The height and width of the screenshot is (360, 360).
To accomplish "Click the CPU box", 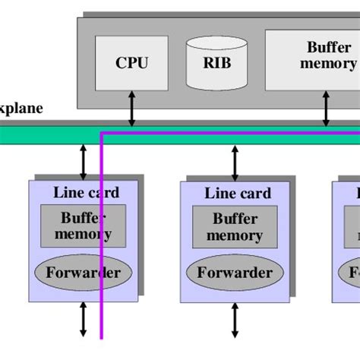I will pyautogui.click(x=131, y=62).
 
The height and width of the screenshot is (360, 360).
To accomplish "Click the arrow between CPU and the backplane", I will pyautogui.click(x=131, y=109).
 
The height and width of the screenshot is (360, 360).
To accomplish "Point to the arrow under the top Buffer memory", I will pyautogui.click(x=327, y=109).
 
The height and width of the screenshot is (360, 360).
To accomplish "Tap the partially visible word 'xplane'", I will pyautogui.click(x=21, y=108).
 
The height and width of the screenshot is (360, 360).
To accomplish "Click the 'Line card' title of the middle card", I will pyautogui.click(x=237, y=193).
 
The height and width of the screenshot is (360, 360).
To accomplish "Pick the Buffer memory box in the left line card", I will pyautogui.click(x=83, y=226).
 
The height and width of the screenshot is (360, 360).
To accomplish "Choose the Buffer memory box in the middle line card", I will pyautogui.click(x=235, y=226).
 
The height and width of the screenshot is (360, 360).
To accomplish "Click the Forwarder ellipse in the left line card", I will pyautogui.click(x=83, y=272).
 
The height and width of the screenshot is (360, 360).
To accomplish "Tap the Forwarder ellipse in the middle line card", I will pyautogui.click(x=235, y=272).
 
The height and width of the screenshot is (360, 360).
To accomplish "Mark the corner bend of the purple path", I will pyautogui.click(x=102, y=133).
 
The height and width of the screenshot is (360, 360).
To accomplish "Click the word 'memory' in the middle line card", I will pyautogui.click(x=235, y=235).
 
